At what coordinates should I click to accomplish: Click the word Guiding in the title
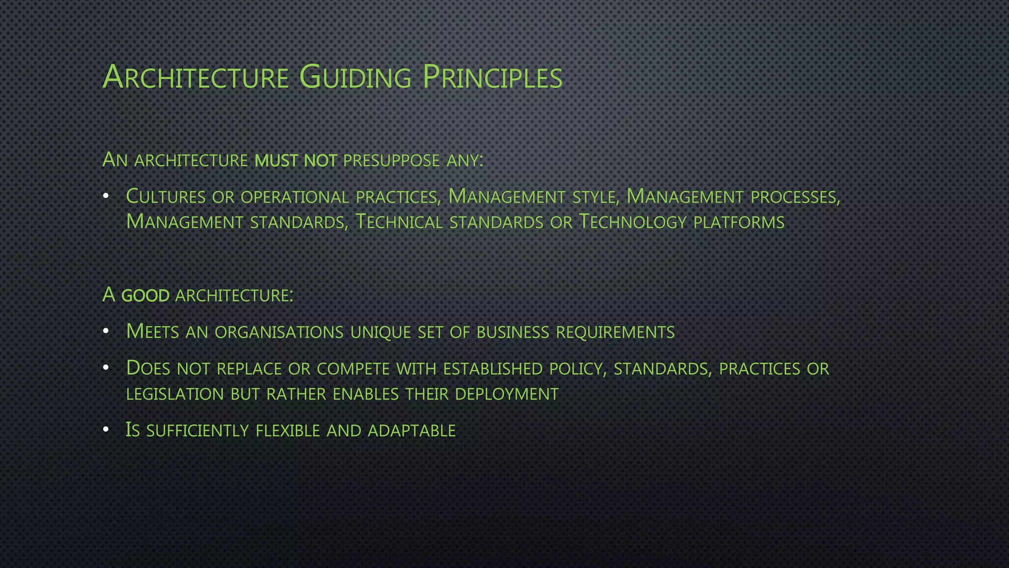tap(355, 77)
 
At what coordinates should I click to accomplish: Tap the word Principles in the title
tap(492, 77)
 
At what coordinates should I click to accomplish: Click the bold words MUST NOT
tap(296, 160)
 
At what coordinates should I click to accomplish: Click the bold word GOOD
tap(145, 295)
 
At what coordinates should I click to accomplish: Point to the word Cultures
tap(166, 197)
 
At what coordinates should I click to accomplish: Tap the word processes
tap(794, 197)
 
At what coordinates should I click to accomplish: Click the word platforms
tap(739, 222)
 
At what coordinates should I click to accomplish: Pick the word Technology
tap(632, 222)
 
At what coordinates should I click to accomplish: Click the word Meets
tap(152, 332)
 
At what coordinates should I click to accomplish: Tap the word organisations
tap(279, 332)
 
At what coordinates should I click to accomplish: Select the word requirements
tap(615, 332)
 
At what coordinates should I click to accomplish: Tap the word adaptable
tap(411, 430)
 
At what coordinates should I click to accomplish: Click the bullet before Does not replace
tap(105, 368)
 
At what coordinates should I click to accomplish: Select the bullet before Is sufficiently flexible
tap(105, 430)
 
